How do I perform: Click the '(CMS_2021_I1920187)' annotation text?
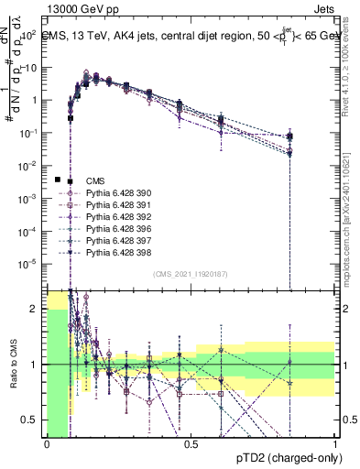pos(191,274)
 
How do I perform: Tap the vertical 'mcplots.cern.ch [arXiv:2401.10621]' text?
pos(351,229)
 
